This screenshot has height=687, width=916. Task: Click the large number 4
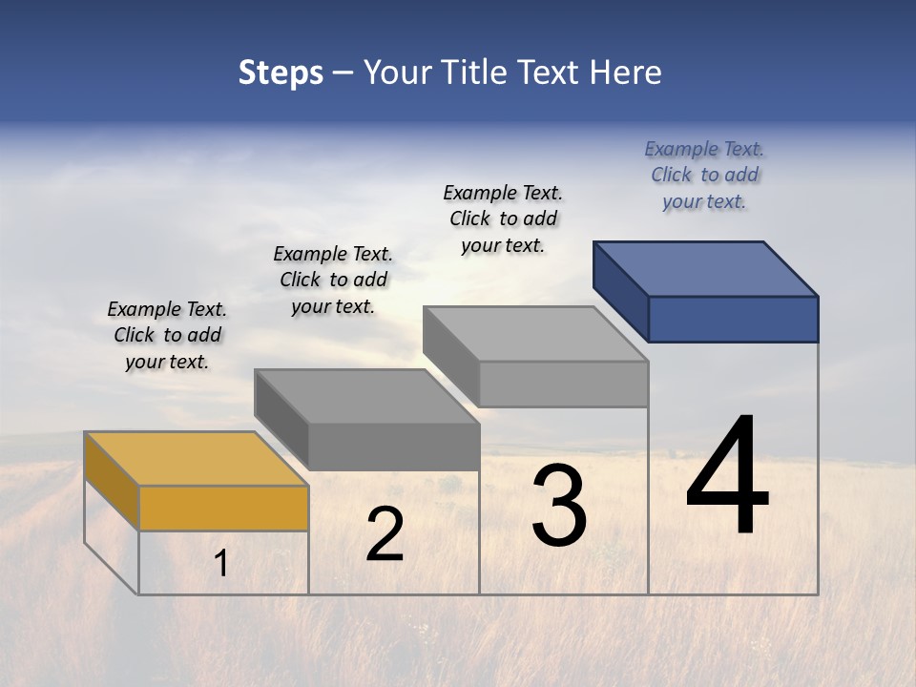click(727, 477)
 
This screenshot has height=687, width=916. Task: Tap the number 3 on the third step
click(559, 506)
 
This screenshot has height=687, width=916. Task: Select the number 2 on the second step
click(385, 534)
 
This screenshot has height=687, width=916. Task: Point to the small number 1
click(221, 564)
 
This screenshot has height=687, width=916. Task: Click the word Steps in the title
click(281, 73)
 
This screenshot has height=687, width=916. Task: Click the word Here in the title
click(627, 73)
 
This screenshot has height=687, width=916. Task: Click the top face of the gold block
click(196, 459)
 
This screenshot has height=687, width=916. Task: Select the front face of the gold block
click(223, 508)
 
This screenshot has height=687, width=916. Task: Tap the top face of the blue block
click(705, 268)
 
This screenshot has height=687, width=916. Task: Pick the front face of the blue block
click(733, 319)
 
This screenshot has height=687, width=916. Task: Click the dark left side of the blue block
click(620, 290)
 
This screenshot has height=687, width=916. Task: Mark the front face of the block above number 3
click(563, 384)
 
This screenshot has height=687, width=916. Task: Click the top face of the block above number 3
click(535, 334)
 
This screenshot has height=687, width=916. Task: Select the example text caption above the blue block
click(704, 175)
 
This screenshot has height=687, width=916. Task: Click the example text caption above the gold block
click(167, 335)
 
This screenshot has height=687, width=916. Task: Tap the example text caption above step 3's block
click(503, 219)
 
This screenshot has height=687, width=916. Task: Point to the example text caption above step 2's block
click(333, 280)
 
